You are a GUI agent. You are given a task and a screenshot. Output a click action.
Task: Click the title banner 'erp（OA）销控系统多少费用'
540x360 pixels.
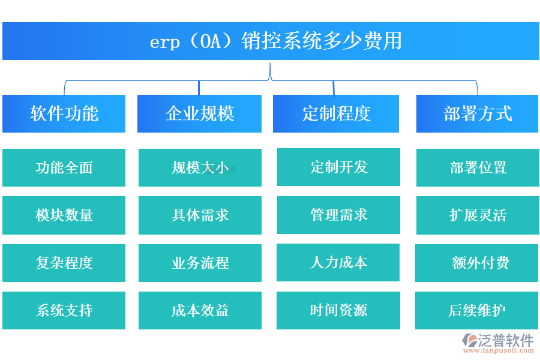click(271, 41)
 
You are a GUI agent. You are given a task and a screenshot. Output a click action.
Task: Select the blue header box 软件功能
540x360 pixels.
click(64, 113)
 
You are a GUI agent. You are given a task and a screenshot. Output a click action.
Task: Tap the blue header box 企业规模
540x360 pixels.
click(199, 113)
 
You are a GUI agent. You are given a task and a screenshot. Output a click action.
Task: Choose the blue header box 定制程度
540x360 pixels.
click(336, 113)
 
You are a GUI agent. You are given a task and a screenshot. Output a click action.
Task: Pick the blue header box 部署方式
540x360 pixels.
click(477, 113)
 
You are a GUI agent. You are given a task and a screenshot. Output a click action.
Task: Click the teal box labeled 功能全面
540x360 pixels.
click(64, 167)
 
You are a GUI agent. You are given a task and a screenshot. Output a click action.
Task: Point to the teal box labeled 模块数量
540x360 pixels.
click(64, 215)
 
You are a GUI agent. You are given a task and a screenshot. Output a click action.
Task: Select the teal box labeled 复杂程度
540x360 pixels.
click(64, 263)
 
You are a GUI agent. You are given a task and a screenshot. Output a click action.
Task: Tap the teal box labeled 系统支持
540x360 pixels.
click(64, 310)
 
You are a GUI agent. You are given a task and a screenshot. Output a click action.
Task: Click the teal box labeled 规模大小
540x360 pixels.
click(200, 167)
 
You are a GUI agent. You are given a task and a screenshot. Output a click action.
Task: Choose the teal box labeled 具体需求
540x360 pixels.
click(200, 215)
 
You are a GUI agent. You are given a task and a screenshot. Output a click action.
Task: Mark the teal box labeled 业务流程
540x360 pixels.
click(200, 263)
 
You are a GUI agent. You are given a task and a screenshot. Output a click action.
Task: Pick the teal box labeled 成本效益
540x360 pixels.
click(200, 310)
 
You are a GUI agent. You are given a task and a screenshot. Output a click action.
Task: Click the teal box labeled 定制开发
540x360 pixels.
click(338, 167)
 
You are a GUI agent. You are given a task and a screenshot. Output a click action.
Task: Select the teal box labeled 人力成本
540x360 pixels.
click(338, 262)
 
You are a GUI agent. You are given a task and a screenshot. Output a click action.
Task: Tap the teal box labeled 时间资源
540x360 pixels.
click(338, 310)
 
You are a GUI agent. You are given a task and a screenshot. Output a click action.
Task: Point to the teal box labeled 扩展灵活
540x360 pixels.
click(477, 215)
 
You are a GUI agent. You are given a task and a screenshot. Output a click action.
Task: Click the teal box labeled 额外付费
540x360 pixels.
click(477, 263)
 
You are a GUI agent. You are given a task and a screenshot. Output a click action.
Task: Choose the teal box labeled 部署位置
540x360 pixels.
click(477, 167)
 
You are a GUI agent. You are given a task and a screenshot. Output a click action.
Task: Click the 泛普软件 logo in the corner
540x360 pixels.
click(497, 342)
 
